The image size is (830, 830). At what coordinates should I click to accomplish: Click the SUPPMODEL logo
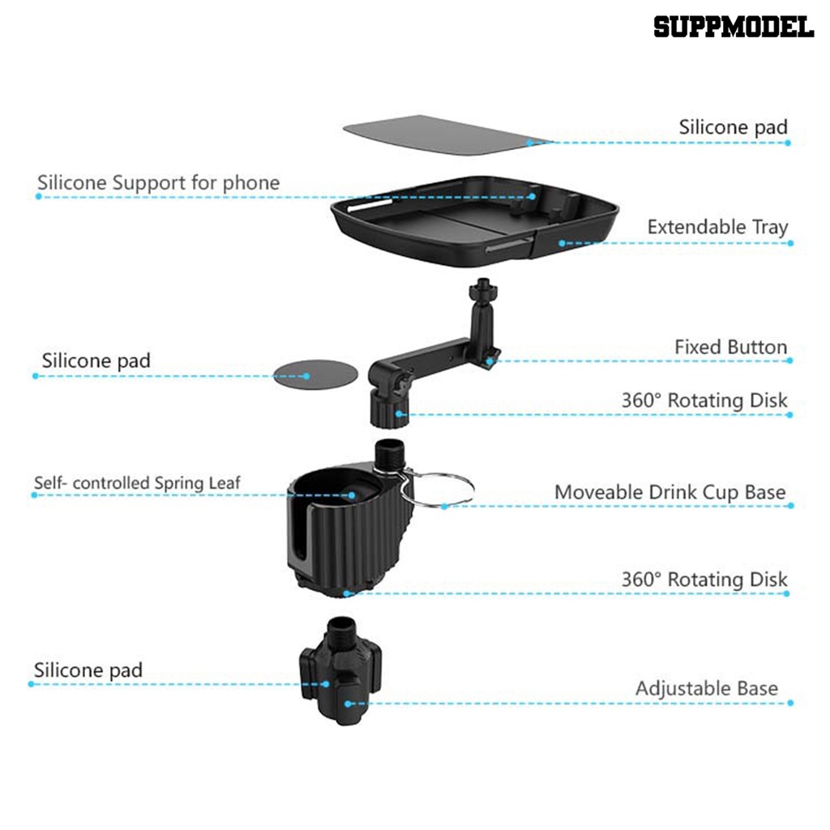pos(734,27)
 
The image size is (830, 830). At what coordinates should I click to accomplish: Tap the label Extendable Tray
pos(717,227)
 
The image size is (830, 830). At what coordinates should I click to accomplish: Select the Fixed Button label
pos(730,347)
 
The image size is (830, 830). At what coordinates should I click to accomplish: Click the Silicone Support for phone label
pos(158,182)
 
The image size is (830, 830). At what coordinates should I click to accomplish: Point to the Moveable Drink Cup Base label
pos(670,492)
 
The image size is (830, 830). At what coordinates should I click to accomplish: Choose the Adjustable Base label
pos(706,689)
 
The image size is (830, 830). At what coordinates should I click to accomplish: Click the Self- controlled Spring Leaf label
pos(137,483)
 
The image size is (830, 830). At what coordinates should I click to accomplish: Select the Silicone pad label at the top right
pos(733,127)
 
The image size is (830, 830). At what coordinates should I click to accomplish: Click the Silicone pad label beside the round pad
pos(96,361)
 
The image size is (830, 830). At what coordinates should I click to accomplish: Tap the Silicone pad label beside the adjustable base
pos(88,670)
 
